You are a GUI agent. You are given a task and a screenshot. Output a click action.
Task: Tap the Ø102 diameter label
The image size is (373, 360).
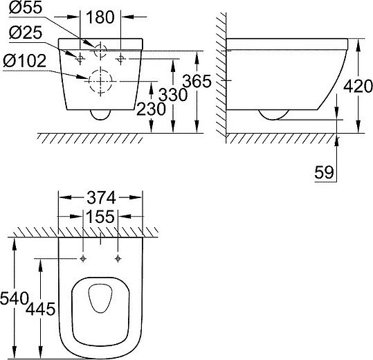point(25,60)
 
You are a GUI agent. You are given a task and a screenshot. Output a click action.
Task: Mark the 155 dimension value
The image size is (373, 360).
point(101,216)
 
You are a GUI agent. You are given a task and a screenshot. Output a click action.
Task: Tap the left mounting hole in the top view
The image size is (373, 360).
point(83,259)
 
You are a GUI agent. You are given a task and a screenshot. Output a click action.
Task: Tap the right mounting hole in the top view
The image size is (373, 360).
point(118,259)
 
